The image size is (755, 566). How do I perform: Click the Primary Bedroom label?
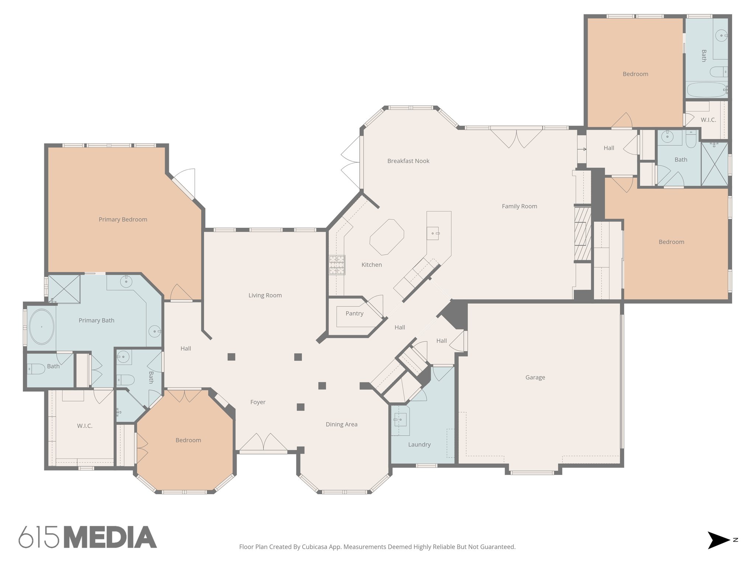tap(123, 220)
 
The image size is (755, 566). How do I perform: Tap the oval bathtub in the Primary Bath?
tap(42, 326)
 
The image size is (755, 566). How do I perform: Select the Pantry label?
tap(354, 314)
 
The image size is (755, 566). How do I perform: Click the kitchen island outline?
tap(387, 237)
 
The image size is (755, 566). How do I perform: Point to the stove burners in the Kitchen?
tap(337, 265)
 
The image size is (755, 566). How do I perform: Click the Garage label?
tap(535, 377)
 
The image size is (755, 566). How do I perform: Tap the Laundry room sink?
tap(400, 420)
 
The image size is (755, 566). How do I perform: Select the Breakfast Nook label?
tap(408, 161)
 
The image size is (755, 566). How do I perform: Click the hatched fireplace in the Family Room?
tap(582, 234)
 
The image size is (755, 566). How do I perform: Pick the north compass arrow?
tap(718, 540)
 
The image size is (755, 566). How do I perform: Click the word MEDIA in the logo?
tap(110, 538)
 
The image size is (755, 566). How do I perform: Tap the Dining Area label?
tap(341, 424)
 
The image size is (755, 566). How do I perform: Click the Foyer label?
tap(258, 402)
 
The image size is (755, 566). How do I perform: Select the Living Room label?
tap(265, 296)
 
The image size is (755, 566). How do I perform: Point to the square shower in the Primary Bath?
tap(64, 289)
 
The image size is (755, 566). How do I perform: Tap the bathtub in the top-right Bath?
tap(706, 90)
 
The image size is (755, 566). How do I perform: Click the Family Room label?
tap(519, 206)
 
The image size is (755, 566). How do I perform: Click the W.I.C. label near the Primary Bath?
tap(84, 426)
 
